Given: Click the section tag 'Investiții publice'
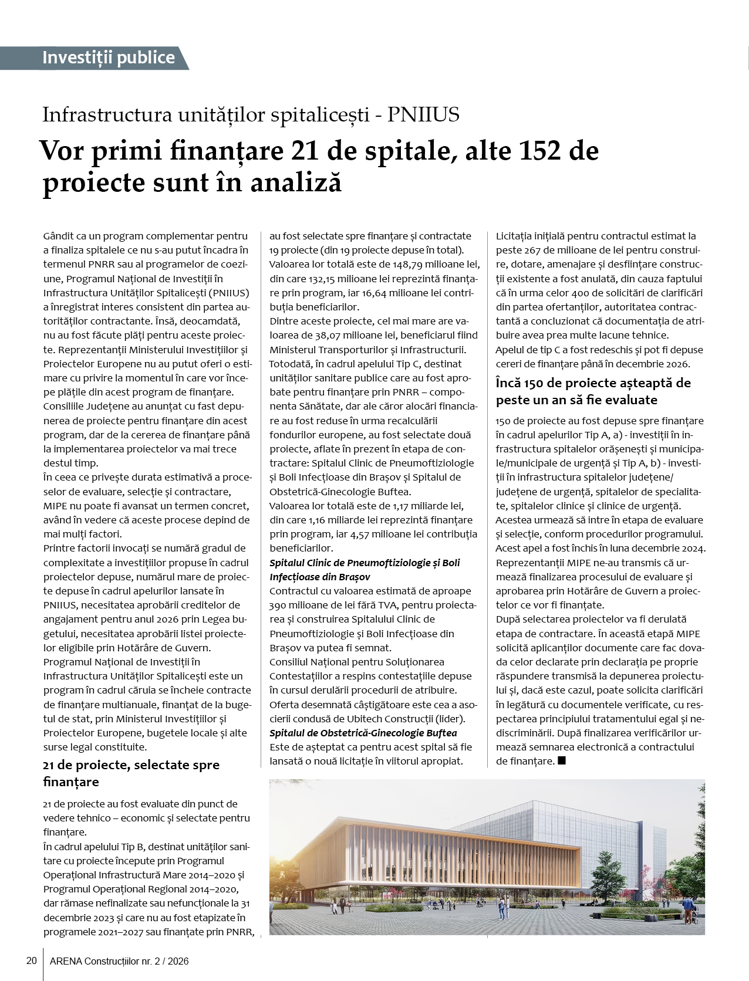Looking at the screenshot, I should coord(109,57).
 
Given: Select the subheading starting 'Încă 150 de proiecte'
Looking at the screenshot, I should coord(593,391).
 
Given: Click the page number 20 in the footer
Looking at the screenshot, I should coord(32,961).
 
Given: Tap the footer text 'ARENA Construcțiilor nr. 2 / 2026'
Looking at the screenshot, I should coord(119,962).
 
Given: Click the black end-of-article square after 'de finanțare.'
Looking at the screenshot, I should coord(562,761).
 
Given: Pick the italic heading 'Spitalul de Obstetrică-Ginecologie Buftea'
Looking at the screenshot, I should coord(363,733).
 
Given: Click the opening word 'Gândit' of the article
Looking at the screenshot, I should coord(58,236).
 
